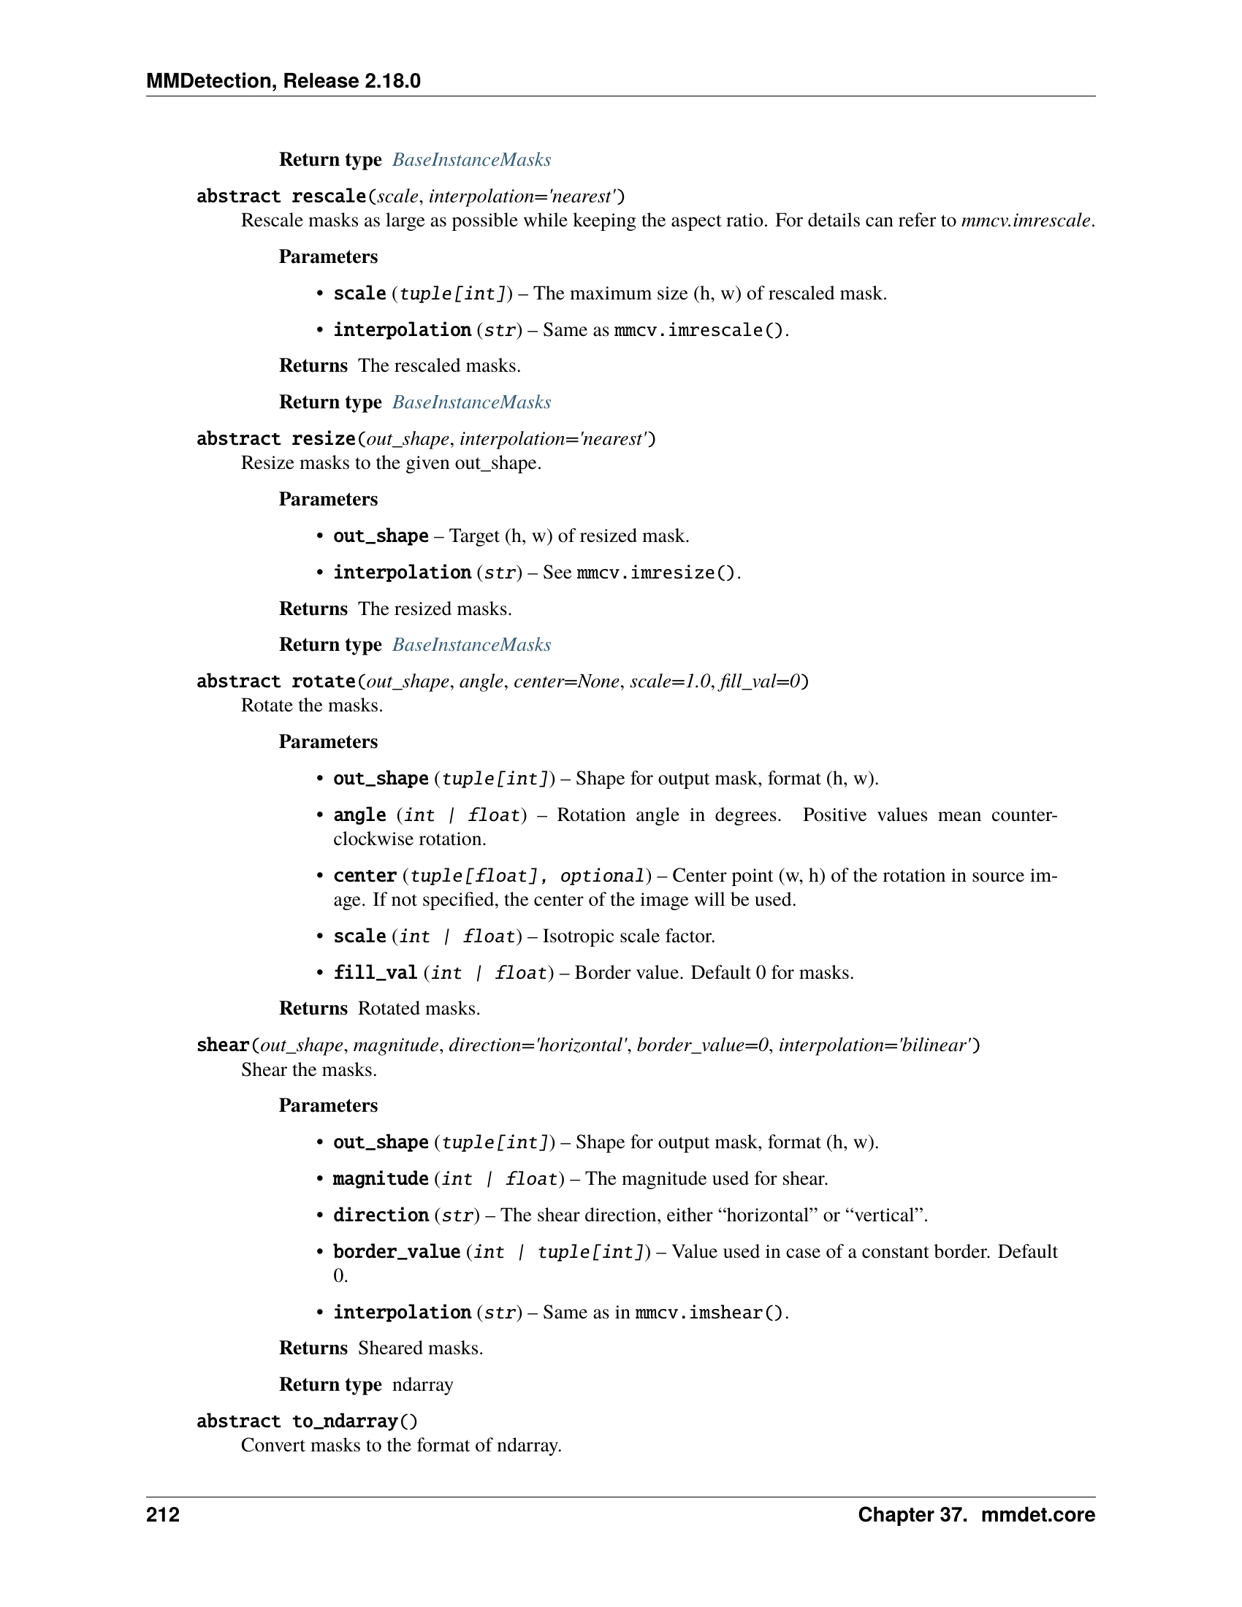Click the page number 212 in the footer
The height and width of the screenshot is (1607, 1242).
point(163,1514)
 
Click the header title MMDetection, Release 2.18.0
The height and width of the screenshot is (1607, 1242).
point(283,81)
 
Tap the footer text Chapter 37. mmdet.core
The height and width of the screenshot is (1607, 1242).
point(975,1514)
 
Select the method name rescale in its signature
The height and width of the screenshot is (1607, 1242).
point(328,196)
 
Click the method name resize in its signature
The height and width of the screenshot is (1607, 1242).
point(323,439)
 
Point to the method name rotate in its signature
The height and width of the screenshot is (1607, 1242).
point(323,682)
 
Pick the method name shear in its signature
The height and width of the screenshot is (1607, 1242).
point(223,1045)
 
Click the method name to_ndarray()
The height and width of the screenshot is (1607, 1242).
point(354,1421)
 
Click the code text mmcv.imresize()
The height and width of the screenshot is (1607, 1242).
point(656,573)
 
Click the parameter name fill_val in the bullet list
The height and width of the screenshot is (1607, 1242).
point(376,973)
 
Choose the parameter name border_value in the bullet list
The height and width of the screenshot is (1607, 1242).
point(397,1251)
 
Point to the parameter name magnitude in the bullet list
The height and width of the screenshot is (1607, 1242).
point(381,1179)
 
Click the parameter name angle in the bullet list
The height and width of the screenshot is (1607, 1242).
point(359,815)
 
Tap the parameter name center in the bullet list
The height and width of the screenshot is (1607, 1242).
point(365,876)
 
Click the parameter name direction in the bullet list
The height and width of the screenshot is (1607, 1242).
point(381,1215)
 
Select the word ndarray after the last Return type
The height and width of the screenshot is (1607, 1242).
point(422,1385)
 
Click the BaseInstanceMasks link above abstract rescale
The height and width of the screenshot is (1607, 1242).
point(471,160)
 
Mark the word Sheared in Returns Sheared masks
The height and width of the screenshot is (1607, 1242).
point(388,1348)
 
